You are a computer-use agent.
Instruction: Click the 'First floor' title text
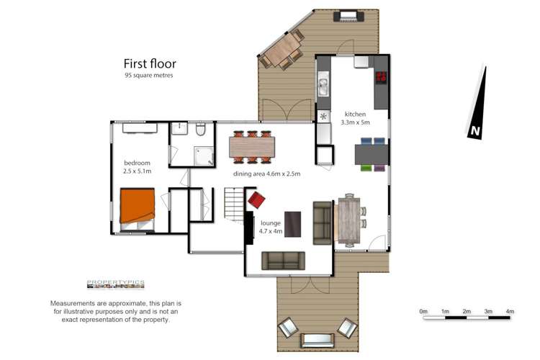[150, 63]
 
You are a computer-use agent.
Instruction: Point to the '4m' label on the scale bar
[510, 311]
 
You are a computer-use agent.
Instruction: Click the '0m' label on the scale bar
[423, 311]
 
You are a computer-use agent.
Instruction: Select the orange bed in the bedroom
[137, 206]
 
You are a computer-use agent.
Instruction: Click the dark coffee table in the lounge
[293, 223]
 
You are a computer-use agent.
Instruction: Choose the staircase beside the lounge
[234, 205]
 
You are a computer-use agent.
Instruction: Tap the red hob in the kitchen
[380, 77]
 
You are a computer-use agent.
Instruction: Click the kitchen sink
[323, 87]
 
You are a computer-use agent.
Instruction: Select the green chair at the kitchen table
[366, 168]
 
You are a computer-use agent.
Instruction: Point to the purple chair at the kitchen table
[379, 168]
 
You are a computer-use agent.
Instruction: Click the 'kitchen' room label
[355, 114]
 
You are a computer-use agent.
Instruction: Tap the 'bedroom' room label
[137, 163]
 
